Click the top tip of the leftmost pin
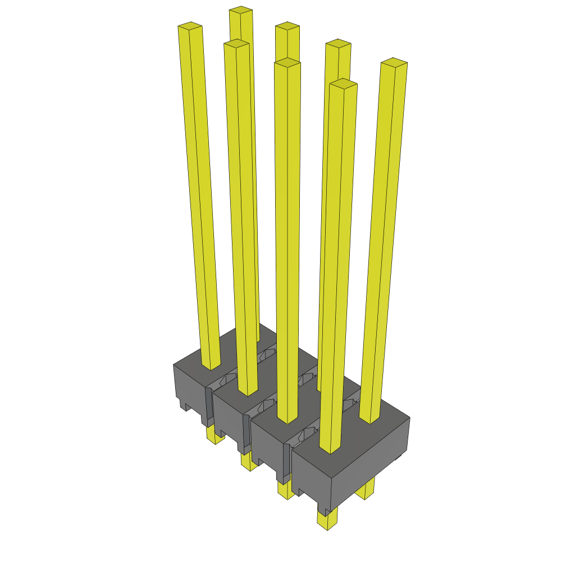(190, 26)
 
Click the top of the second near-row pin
(236, 43)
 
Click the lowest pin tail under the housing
(327, 519)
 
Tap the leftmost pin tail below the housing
(213, 435)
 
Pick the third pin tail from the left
(285, 490)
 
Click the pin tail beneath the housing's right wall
(366, 490)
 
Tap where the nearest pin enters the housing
(330, 449)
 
